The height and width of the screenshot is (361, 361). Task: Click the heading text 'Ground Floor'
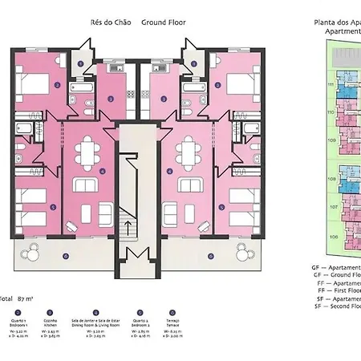pyautogui.click(x=164, y=22)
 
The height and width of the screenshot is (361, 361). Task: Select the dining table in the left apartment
pyautogui.click(x=88, y=152)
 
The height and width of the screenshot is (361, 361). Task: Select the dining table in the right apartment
pyautogui.click(x=189, y=152)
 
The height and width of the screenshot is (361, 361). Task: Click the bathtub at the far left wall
pyautogui.click(x=25, y=128)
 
